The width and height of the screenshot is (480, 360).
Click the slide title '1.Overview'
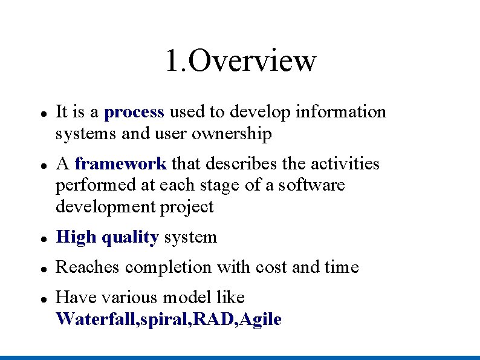tap(241, 61)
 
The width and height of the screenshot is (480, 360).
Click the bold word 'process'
tap(134, 112)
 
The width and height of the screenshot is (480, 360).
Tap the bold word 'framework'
tap(120, 164)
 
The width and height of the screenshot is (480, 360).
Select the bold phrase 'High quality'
tap(107, 237)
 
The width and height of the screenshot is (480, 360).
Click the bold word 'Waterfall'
tap(96, 319)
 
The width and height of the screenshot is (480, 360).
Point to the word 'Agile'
tap(261, 319)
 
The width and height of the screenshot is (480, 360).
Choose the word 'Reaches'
tap(88, 267)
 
